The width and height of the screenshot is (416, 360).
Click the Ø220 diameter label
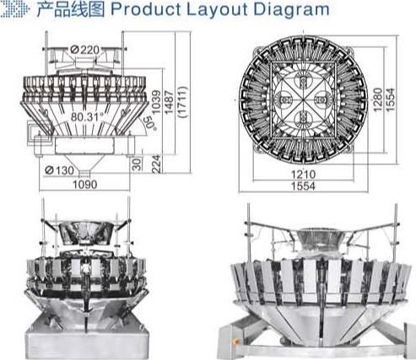click(85, 50)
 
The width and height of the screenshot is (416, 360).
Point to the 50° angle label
click(149, 123)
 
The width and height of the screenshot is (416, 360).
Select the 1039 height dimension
click(156, 102)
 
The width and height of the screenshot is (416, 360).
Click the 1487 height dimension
click(169, 102)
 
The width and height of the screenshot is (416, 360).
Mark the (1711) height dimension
click(182, 102)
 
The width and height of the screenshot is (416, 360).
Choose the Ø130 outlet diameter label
click(59, 170)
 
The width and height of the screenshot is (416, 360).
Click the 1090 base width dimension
click(85, 185)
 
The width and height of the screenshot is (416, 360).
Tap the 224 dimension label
click(156, 164)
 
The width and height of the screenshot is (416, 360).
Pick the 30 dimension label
click(137, 164)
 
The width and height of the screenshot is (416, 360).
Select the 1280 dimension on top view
click(378, 99)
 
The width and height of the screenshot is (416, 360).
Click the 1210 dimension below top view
click(303, 175)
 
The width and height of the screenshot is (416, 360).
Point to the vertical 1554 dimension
click(390, 99)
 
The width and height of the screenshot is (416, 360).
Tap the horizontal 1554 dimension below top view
click(303, 186)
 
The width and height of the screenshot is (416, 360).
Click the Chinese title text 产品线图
click(71, 9)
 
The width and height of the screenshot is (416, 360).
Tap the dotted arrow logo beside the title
click(15, 9)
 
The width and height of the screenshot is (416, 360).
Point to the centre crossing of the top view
click(303, 100)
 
